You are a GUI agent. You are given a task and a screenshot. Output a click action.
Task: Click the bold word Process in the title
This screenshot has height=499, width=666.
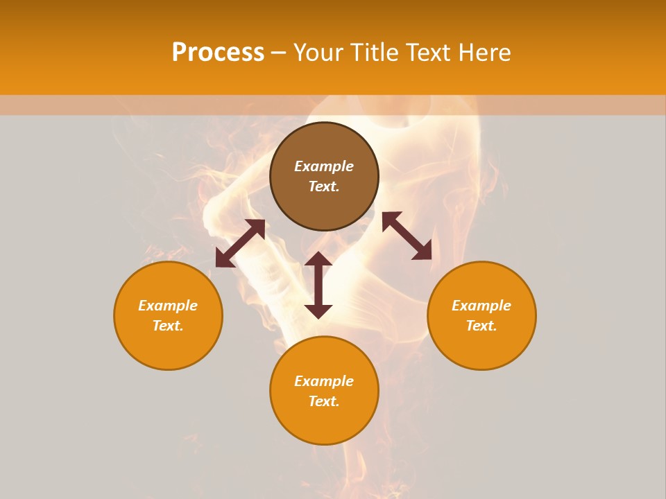[218, 53]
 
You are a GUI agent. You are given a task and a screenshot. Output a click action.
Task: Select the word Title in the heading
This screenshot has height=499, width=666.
[375, 53]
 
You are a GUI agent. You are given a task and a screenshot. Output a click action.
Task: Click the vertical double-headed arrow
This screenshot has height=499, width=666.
[318, 285]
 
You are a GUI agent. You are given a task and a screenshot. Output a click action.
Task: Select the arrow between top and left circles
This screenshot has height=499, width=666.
[240, 243]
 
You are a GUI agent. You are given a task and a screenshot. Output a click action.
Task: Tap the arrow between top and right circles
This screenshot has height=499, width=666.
[407, 236]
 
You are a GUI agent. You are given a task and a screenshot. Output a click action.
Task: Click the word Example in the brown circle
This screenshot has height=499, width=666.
[324, 166]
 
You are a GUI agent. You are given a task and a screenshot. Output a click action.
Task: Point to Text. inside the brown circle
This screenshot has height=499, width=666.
[324, 186]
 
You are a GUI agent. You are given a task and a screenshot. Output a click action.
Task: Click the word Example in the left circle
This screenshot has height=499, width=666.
[168, 306]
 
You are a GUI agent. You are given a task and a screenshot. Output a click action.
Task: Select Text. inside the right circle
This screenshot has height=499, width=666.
[481, 326]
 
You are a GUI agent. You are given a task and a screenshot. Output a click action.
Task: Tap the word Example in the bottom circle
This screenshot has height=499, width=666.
[324, 381]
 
